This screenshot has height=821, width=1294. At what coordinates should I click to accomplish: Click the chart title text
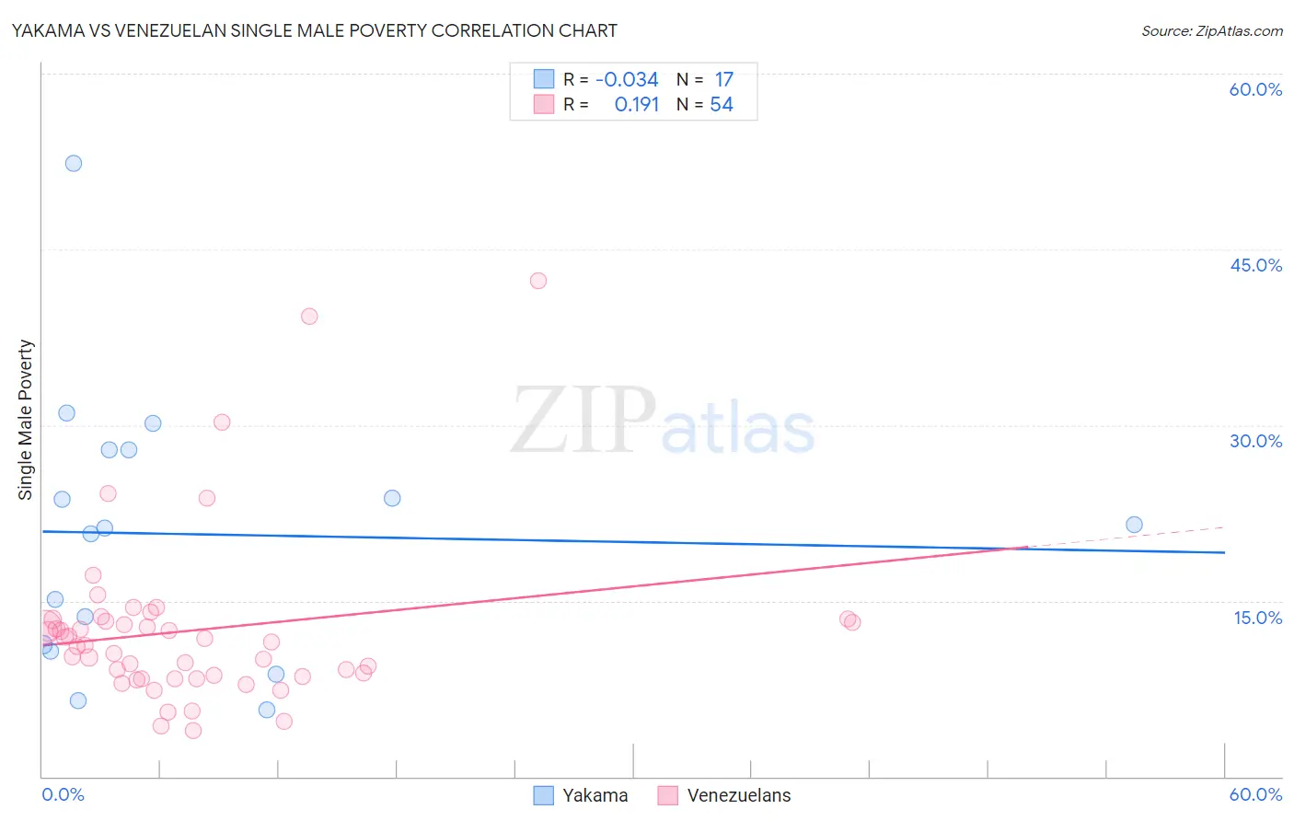pos(314,30)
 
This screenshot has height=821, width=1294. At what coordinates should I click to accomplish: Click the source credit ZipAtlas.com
pos(1211,30)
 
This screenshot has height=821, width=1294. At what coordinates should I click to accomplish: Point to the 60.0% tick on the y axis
pos(1255,89)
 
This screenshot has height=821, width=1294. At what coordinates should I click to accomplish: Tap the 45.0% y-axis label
pos(1255,265)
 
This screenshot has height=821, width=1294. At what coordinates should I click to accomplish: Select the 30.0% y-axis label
pos(1255,441)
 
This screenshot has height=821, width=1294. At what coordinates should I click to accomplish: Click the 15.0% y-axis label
pos(1257,618)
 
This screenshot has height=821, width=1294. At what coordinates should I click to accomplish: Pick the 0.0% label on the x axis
pos(63,794)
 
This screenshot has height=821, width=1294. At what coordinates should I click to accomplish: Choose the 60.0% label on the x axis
pos(1255,794)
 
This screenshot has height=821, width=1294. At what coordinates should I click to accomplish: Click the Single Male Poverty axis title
pos(26,420)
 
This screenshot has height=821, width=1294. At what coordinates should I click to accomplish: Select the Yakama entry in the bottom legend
pos(595,795)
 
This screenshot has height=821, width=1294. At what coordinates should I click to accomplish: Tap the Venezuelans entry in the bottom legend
pos(738,795)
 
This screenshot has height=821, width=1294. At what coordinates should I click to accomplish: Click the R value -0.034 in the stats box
pos(627,80)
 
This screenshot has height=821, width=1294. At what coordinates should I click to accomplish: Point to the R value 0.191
pos(637,105)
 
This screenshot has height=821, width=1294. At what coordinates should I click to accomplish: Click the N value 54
pos(722,105)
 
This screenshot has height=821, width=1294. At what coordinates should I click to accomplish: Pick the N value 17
pos(724,80)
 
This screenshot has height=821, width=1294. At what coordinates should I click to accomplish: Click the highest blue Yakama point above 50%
pos(74,164)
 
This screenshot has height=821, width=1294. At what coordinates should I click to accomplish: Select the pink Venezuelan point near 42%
pos(538,281)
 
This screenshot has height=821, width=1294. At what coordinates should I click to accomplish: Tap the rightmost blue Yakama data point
pos(1134,525)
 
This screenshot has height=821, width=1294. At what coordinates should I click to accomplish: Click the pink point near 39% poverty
pos(309,317)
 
